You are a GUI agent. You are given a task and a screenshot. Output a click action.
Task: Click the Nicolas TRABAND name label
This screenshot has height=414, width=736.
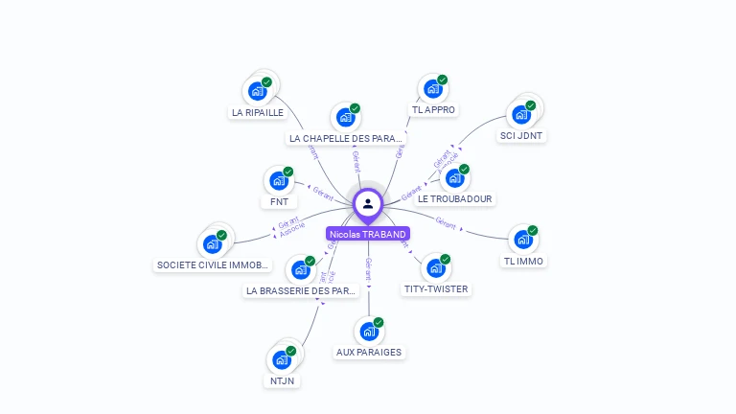click(x=368, y=234)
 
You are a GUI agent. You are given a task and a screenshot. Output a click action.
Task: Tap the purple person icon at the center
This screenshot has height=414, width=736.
click(x=368, y=203)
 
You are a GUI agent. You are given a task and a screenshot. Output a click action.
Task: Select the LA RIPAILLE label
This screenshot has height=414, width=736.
click(x=258, y=112)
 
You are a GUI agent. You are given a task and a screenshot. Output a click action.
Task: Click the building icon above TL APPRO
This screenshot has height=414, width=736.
click(x=433, y=90)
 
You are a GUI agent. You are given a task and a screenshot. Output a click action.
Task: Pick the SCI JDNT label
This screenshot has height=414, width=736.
click(x=521, y=136)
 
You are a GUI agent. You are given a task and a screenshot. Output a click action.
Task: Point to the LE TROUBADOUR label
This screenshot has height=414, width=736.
click(x=455, y=199)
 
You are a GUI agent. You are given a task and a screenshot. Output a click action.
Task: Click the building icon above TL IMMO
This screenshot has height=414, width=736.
click(x=523, y=240)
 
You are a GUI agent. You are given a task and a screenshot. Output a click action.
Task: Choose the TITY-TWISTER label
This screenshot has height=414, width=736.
click(x=437, y=288)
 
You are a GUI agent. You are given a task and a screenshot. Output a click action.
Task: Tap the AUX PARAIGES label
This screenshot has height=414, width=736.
click(x=369, y=353)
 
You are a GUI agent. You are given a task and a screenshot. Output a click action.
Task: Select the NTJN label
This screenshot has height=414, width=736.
click(x=282, y=380)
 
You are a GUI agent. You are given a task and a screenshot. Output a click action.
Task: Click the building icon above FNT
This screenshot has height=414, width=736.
click(x=279, y=180)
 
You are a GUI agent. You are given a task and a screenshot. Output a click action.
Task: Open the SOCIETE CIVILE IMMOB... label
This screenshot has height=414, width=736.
click(x=214, y=265)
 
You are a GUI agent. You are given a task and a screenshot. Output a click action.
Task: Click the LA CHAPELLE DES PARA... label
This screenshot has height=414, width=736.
click(x=346, y=139)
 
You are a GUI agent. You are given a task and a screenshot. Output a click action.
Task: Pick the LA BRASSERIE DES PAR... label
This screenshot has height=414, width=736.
click(x=302, y=290)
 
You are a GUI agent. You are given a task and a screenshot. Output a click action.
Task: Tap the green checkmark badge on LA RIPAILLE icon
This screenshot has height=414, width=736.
click(x=267, y=81)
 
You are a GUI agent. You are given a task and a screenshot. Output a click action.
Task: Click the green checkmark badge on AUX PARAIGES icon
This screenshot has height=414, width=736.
click(x=379, y=322)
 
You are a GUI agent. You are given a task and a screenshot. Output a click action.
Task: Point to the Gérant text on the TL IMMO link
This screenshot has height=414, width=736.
click(x=446, y=222)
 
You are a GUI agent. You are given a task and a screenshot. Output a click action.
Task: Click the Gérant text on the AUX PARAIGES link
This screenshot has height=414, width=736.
click(x=368, y=268)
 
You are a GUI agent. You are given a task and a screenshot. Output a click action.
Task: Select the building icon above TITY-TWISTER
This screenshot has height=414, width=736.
click(x=435, y=268)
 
